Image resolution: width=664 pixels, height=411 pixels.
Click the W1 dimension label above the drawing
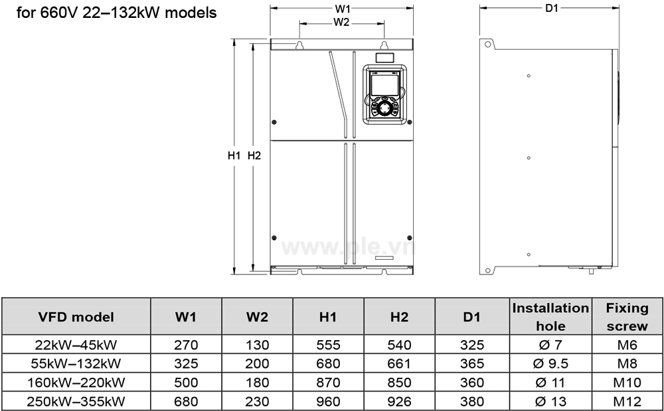(x=342, y=9)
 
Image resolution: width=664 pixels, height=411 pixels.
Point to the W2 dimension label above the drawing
(x=341, y=22)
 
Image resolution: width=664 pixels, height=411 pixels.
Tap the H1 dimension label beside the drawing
(x=233, y=156)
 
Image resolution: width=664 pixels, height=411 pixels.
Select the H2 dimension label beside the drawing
(x=254, y=156)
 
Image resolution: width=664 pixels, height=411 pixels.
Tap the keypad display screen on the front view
(x=384, y=84)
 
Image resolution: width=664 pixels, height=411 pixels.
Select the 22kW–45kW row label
(x=77, y=345)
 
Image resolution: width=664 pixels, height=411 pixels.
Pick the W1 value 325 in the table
(x=185, y=363)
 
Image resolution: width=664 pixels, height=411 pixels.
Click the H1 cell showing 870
(x=328, y=382)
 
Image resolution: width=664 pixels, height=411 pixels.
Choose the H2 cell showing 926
(x=399, y=402)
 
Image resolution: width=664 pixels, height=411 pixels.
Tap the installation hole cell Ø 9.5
(x=550, y=363)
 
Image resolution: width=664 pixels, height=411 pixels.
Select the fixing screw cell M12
(x=627, y=402)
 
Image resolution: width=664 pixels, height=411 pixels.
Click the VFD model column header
(x=77, y=317)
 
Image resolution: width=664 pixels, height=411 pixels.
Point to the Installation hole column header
(x=550, y=317)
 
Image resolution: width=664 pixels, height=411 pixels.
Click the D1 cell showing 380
(x=471, y=402)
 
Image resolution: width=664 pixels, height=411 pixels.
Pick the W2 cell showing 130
(x=257, y=345)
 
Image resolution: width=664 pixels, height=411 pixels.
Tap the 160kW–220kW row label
(x=77, y=382)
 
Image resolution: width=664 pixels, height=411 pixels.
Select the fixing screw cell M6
(x=627, y=345)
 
